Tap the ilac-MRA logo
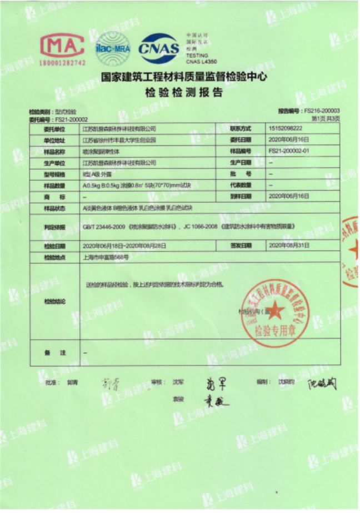113,49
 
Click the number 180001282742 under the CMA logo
62,63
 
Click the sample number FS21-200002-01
289,151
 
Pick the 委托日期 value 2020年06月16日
288,139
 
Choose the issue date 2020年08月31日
288,245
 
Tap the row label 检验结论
54,301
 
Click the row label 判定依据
54,227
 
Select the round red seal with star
272,311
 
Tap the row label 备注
54,353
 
